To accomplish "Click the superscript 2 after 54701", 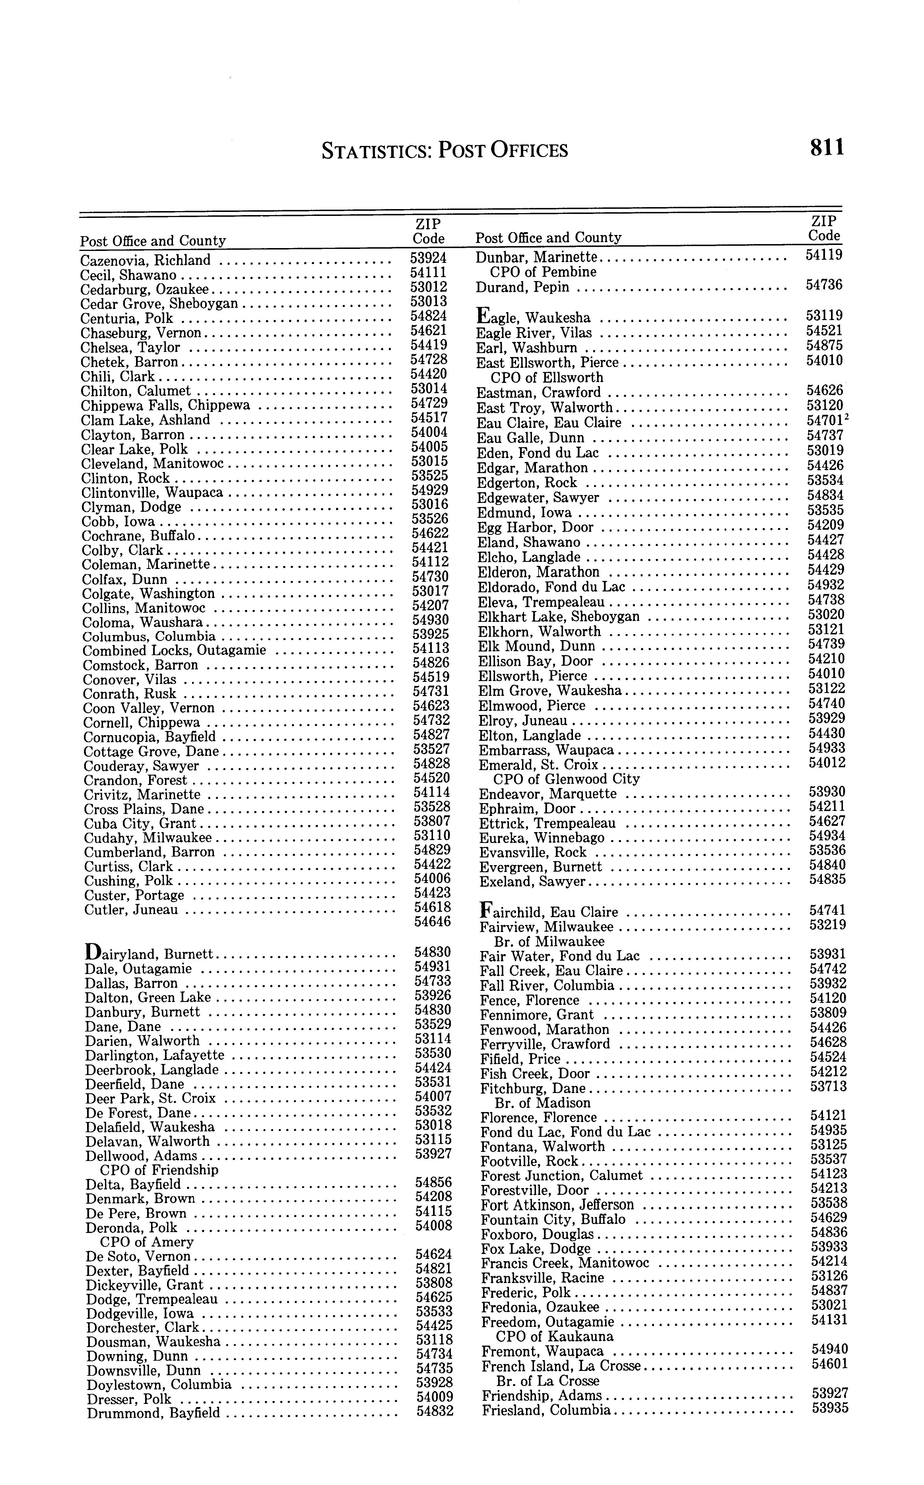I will (847, 418).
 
